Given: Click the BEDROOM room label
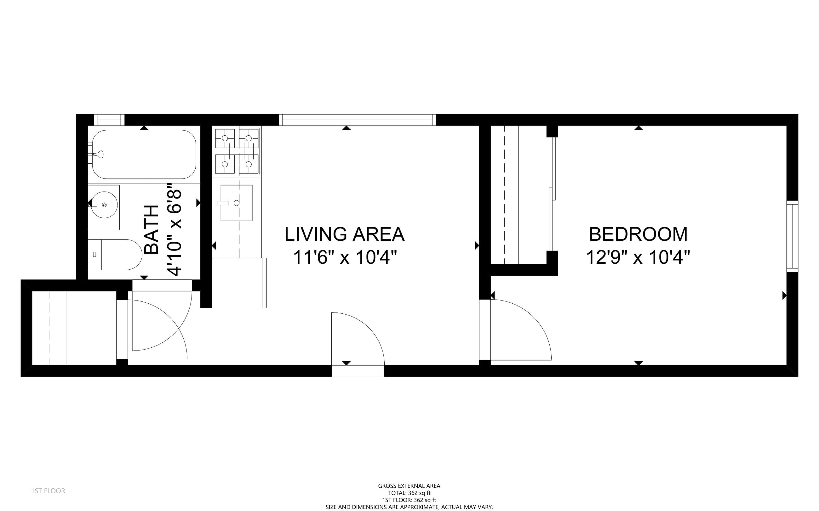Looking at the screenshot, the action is coord(638,234).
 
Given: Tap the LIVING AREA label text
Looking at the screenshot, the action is coord(344,234).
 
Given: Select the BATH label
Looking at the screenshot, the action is coord(152,229).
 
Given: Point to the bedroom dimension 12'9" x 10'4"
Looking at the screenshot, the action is coord(638,257).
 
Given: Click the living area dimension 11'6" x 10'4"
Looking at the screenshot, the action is coord(344,257).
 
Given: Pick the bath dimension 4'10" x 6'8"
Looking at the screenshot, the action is coord(175,230).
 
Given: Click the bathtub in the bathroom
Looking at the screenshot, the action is coord(144,154).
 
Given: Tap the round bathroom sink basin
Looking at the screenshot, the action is coord(104,205).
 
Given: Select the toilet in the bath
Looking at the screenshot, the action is coord(115,255).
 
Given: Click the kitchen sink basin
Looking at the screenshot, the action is coord(237,203).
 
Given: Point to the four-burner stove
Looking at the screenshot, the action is coord(237,151).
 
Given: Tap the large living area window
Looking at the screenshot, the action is coord(357,120).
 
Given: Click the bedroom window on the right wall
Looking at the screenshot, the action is coord(792,236).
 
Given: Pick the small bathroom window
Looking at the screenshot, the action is coord(109,120).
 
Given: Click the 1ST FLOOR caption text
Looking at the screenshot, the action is coord(48,491).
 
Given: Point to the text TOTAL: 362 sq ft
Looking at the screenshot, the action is coord(409,493).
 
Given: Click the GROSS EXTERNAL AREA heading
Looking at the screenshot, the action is coord(409,486).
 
